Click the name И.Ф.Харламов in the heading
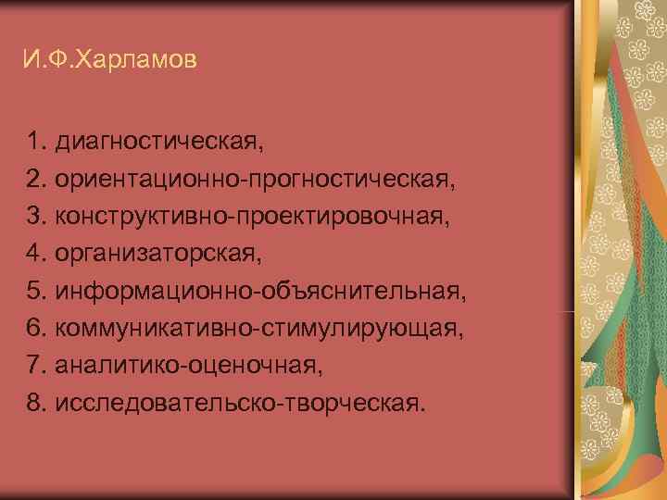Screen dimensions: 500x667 point(110,62)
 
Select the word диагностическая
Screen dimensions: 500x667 point(157,143)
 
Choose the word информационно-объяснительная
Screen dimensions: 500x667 point(258,291)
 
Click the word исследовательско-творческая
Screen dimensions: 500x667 point(235,403)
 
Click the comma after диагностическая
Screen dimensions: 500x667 point(262,150)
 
